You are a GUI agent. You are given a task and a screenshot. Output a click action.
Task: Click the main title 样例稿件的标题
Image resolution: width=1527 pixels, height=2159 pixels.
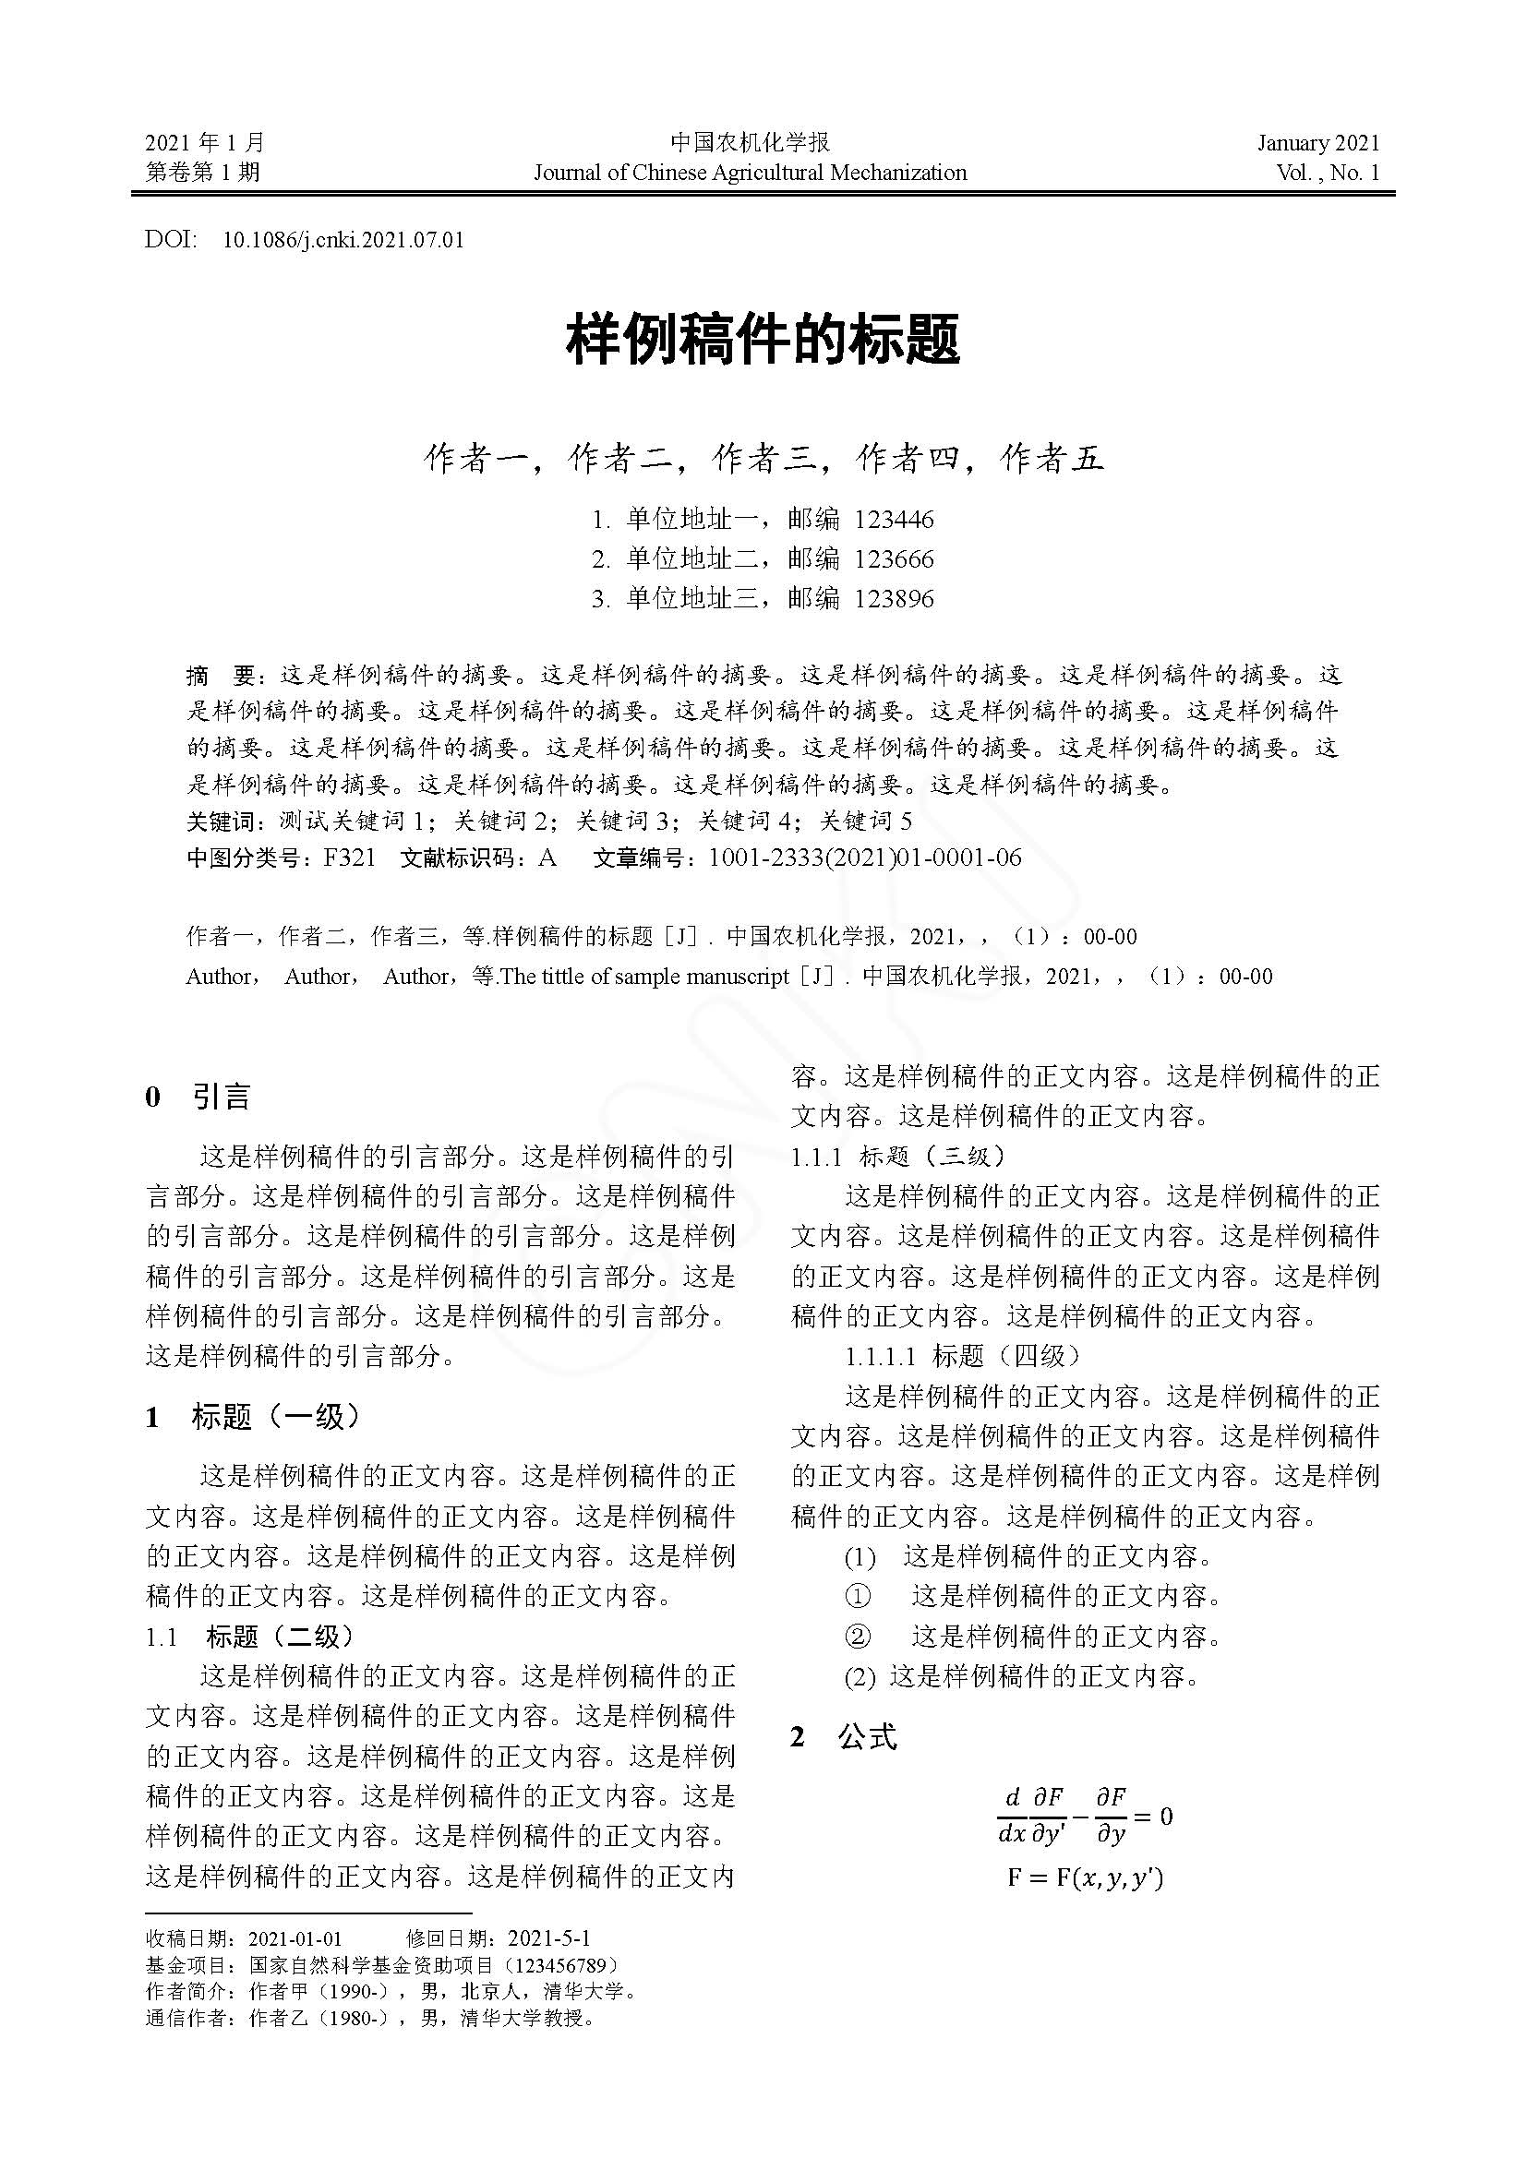(x=763, y=341)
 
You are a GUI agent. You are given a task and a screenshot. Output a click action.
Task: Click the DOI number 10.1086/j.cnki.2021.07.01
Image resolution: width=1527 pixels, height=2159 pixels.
(x=343, y=240)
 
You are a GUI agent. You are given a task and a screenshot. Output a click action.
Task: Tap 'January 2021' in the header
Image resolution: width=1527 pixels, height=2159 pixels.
(x=1318, y=143)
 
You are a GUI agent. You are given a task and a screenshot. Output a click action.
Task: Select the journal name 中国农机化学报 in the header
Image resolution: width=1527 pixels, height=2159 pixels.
(x=751, y=143)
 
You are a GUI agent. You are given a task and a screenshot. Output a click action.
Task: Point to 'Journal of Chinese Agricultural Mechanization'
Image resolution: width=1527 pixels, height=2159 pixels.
(x=751, y=172)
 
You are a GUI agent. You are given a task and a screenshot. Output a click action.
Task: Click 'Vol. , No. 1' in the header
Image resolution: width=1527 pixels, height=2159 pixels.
(x=1328, y=172)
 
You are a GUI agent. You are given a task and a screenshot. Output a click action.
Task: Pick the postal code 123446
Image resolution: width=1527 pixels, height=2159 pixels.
(x=895, y=520)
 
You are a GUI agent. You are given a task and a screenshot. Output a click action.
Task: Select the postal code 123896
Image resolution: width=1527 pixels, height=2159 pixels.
(x=895, y=599)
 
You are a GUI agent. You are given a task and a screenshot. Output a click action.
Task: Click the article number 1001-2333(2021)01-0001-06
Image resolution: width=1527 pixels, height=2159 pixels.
(x=864, y=858)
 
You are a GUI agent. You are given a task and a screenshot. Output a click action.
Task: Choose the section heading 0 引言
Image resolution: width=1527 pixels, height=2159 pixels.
(x=198, y=1097)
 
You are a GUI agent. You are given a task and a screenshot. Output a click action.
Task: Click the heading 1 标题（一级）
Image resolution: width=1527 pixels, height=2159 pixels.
(x=253, y=1416)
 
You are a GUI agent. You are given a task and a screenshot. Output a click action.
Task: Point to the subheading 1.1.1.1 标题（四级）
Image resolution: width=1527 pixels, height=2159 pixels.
(x=963, y=1356)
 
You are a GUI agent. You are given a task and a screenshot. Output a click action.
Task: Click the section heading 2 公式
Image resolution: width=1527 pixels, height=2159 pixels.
(x=845, y=1738)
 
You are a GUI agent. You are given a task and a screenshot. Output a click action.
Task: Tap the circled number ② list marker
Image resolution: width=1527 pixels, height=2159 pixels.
(x=858, y=1637)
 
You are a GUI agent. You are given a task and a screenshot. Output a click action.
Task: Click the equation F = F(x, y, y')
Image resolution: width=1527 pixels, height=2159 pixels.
(x=1085, y=1878)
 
